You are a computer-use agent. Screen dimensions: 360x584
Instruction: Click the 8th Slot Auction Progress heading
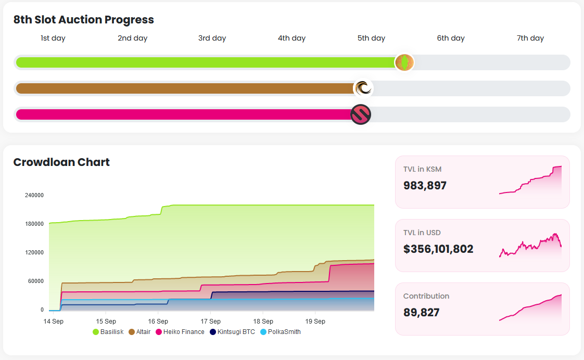(x=84, y=20)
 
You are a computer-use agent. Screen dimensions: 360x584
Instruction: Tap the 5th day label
(x=371, y=38)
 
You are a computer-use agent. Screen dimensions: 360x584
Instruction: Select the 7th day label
(x=530, y=38)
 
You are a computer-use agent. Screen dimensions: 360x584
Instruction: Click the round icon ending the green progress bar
(x=404, y=62)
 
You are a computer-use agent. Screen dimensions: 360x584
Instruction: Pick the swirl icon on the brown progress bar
(x=363, y=88)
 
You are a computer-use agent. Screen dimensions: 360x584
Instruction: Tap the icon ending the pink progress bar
(x=361, y=114)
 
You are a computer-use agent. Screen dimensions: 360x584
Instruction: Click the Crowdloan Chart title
(x=61, y=162)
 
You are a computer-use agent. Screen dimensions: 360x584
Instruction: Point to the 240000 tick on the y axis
(x=34, y=195)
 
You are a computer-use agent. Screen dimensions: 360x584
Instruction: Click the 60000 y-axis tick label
(x=36, y=281)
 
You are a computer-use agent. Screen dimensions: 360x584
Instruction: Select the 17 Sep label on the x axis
(x=210, y=321)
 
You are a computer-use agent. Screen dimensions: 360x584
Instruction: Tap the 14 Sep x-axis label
(x=53, y=321)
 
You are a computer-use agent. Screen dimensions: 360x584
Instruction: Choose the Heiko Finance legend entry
(x=180, y=331)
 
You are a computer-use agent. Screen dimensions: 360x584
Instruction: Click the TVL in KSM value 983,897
(x=425, y=185)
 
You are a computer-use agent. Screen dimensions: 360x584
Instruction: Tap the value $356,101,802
(x=438, y=249)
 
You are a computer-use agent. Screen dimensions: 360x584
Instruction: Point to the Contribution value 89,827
(x=421, y=312)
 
